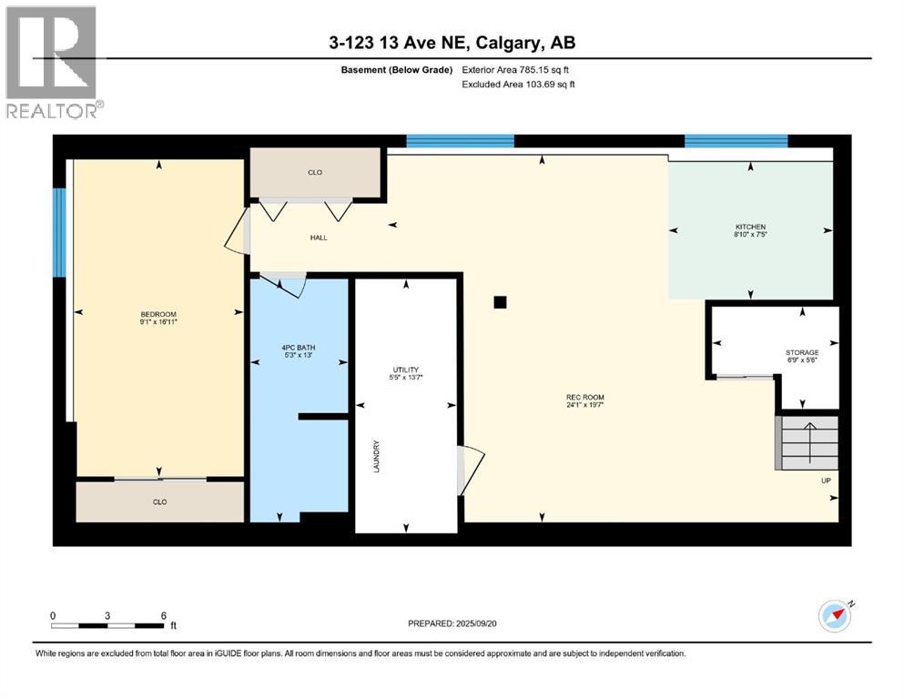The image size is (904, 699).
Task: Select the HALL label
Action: pos(318,238)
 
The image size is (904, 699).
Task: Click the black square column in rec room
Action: pos(499,303)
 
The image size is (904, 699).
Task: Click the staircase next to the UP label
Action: pos(806,442)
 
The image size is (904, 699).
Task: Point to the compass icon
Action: pos(835,616)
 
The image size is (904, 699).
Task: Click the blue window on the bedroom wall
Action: pos(59,232)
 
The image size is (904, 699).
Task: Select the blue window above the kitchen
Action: pos(736,140)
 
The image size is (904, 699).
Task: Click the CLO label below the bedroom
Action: pos(159,501)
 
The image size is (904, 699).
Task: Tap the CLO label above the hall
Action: pos(315,172)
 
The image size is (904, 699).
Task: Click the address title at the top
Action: pos(452,43)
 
